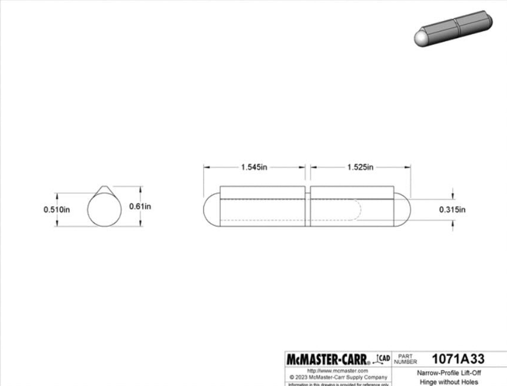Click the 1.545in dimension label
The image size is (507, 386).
pos(254,167)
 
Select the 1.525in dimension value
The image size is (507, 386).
pos(360,167)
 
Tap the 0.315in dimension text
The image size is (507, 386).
pos(452,210)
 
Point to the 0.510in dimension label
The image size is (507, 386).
pos(56,210)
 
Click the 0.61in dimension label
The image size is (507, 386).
pos(140,206)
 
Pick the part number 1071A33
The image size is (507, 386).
pos(457,358)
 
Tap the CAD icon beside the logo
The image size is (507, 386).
pos(382,358)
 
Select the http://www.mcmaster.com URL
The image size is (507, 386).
pos(338,371)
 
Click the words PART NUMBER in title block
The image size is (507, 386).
pos(405,359)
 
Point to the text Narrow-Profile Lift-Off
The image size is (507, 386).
pos(449,373)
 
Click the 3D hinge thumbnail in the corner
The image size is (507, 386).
pos(453,28)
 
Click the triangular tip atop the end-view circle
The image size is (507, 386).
pos(105,190)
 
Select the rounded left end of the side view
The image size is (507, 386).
pos(211,210)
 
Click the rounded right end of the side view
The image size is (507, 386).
pos(402,210)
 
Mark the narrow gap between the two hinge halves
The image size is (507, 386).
pos(308,209)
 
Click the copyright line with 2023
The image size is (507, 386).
pos(338,377)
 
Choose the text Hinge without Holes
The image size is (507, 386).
pos(449,382)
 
